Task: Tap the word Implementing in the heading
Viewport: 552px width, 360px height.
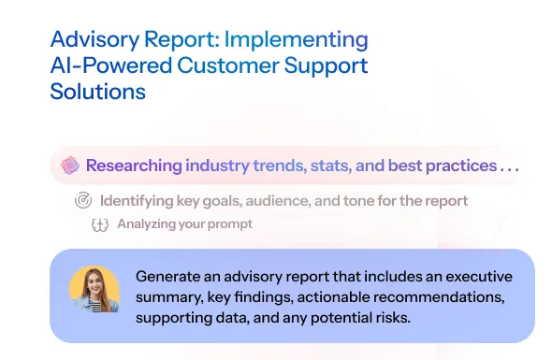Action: (304, 40)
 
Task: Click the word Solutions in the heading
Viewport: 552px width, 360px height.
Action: (98, 93)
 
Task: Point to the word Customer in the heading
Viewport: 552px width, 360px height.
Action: (237, 66)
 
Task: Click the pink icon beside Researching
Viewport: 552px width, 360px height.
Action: (68, 166)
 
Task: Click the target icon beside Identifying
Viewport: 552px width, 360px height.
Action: (83, 200)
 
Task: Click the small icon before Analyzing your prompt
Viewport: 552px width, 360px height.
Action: (100, 224)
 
